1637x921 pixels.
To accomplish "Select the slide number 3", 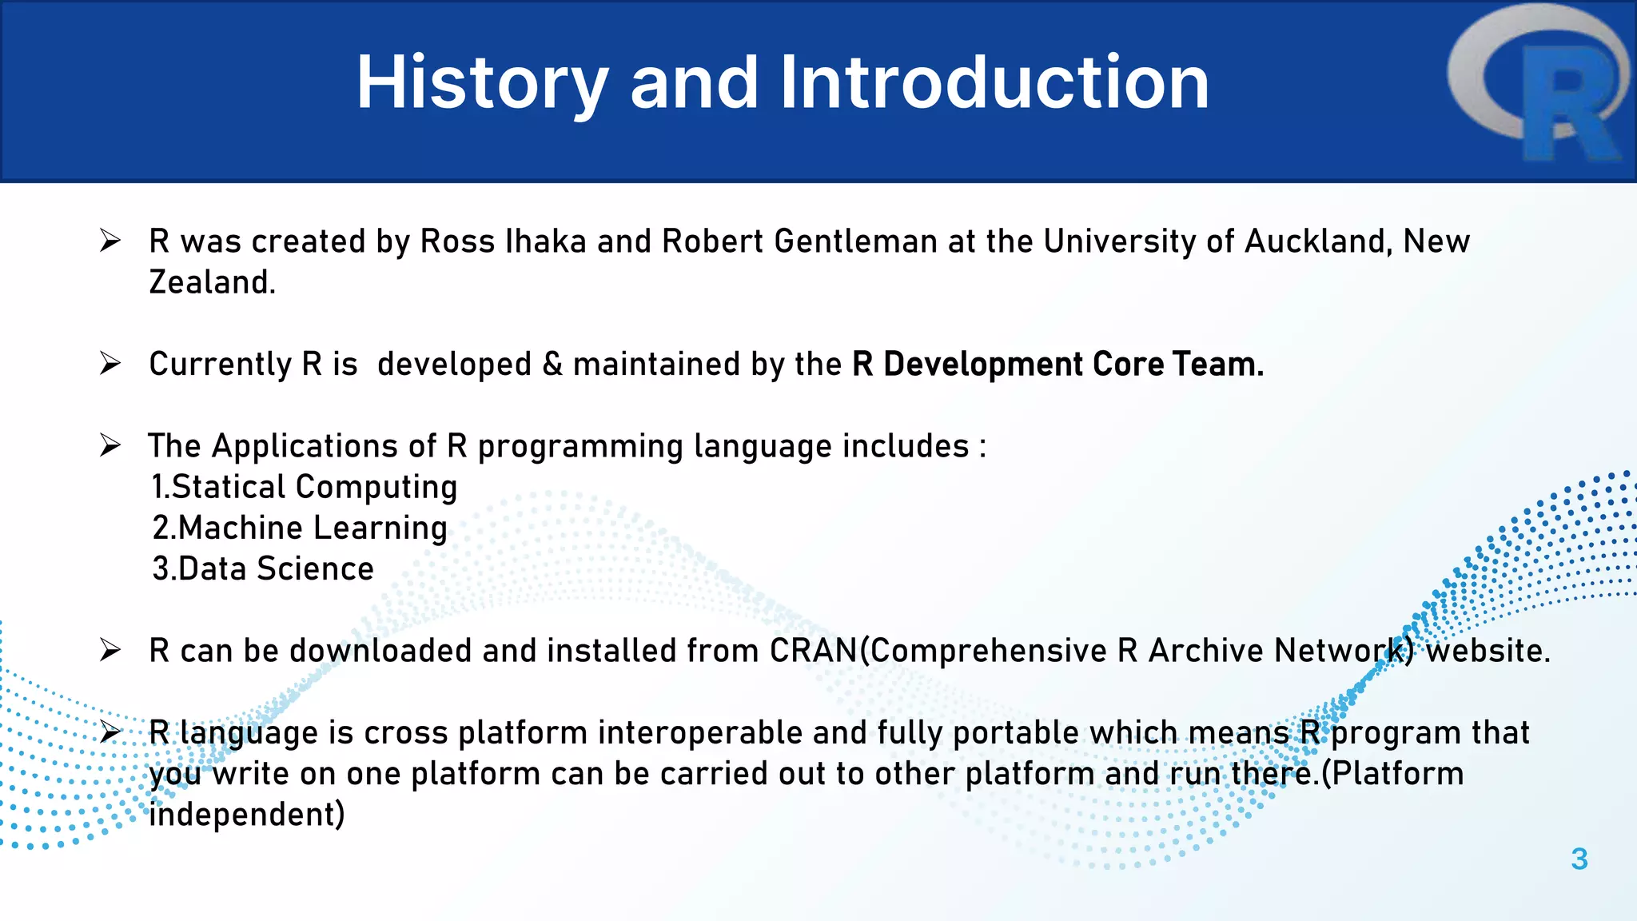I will point(1579,859).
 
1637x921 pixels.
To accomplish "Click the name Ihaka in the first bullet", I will point(546,241).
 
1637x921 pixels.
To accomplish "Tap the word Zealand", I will point(212,282).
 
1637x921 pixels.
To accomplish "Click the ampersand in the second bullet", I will point(552,365).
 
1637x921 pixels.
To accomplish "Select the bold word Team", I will point(1218,365).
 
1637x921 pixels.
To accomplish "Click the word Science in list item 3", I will point(315,569).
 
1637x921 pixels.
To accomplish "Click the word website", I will point(1488,651).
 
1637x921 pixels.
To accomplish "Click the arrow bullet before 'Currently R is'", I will point(110,364).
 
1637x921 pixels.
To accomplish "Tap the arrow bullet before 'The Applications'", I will point(110,445).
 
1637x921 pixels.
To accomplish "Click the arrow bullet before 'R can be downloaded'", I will point(110,650).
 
